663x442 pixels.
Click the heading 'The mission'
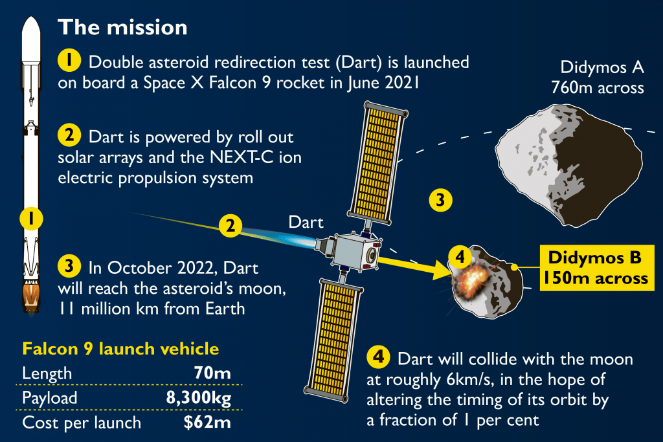coord(122,27)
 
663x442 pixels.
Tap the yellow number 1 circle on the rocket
coord(31,219)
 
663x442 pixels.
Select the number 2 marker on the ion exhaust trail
coord(230,226)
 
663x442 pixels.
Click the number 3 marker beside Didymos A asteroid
coord(440,200)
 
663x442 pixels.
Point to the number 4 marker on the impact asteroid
coord(460,256)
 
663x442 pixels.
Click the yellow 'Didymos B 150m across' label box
coord(597,268)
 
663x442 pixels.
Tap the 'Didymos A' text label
coord(602,67)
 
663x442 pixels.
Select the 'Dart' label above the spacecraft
coord(306,222)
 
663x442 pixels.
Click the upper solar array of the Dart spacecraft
coord(377,162)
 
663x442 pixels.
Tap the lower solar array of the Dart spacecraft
coord(333,340)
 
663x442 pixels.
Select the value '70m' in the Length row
coord(212,373)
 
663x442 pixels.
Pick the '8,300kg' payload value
coord(199,398)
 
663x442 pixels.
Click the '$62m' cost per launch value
coord(208,423)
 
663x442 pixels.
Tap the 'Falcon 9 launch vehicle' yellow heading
coord(120,349)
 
